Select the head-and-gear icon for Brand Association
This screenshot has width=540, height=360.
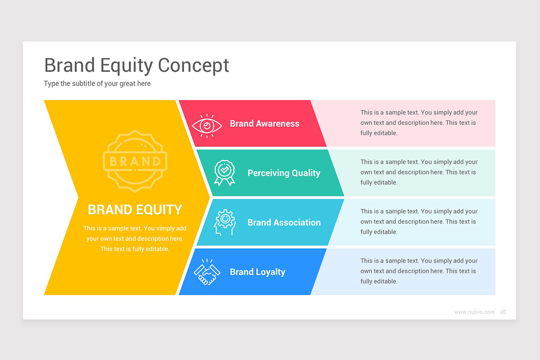(x=224, y=223)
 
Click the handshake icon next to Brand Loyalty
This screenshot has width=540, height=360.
(x=207, y=272)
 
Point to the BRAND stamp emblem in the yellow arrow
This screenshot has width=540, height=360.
(x=135, y=161)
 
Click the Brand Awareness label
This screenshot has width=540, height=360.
(x=264, y=124)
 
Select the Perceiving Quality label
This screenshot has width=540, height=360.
(x=283, y=173)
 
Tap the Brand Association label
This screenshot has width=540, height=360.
(x=283, y=223)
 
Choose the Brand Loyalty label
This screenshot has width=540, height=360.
(x=257, y=272)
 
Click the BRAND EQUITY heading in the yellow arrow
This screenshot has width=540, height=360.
(x=135, y=210)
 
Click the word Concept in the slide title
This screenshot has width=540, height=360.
(x=193, y=65)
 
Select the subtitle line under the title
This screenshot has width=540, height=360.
(x=97, y=84)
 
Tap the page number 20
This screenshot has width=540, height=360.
(x=503, y=312)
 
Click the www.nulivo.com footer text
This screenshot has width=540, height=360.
(x=474, y=312)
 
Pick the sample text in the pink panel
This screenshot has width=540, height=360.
(x=418, y=123)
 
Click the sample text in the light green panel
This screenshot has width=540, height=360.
(x=418, y=172)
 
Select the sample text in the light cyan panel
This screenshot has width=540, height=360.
(x=418, y=222)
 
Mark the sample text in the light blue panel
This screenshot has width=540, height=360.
(x=418, y=271)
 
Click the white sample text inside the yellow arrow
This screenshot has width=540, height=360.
(x=135, y=238)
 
